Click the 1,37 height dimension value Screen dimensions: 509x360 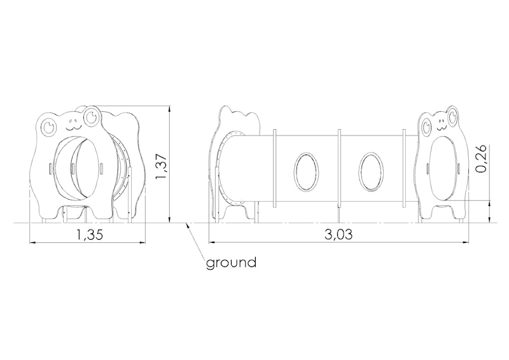162,166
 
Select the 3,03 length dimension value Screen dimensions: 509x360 338,234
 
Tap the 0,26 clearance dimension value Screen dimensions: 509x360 482,158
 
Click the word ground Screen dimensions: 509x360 231,262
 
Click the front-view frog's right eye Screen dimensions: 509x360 92,116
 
